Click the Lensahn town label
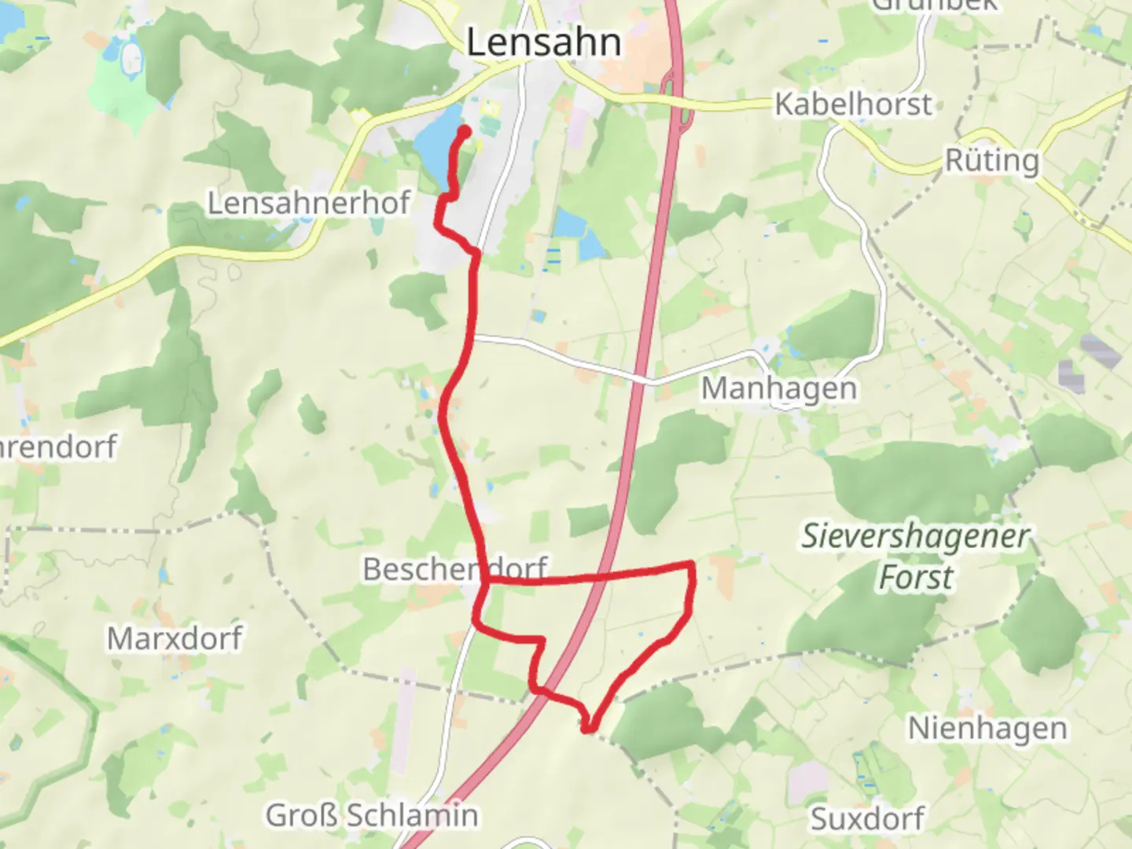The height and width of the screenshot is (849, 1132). [543, 42]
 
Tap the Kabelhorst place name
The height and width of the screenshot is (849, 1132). [853, 104]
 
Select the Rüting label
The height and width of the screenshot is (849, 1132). [991, 160]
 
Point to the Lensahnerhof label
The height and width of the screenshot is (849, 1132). [308, 203]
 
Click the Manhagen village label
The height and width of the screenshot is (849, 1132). [778, 388]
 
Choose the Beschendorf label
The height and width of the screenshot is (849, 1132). [455, 568]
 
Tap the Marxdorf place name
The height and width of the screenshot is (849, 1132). [175, 638]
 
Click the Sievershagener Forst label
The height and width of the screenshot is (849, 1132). [915, 557]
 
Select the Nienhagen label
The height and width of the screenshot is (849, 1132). [987, 728]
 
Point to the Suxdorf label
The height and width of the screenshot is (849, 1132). [867, 818]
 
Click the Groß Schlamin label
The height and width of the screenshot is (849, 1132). [372, 815]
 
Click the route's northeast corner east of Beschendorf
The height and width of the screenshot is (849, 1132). [691, 564]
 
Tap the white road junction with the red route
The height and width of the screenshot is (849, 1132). [473, 337]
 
